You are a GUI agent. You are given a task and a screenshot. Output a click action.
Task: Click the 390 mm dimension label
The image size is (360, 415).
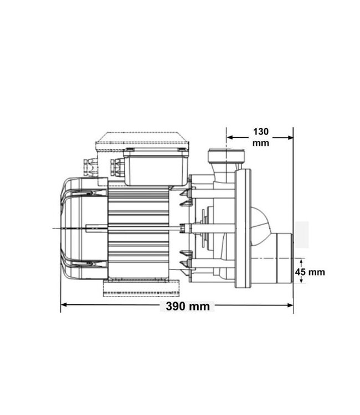(x=188, y=306)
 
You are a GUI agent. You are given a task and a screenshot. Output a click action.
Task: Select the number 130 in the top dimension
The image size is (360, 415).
(x=260, y=132)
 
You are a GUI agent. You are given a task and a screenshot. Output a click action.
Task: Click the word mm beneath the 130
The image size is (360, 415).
(x=260, y=143)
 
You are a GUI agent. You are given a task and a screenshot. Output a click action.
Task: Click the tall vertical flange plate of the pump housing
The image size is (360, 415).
(x=243, y=228)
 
